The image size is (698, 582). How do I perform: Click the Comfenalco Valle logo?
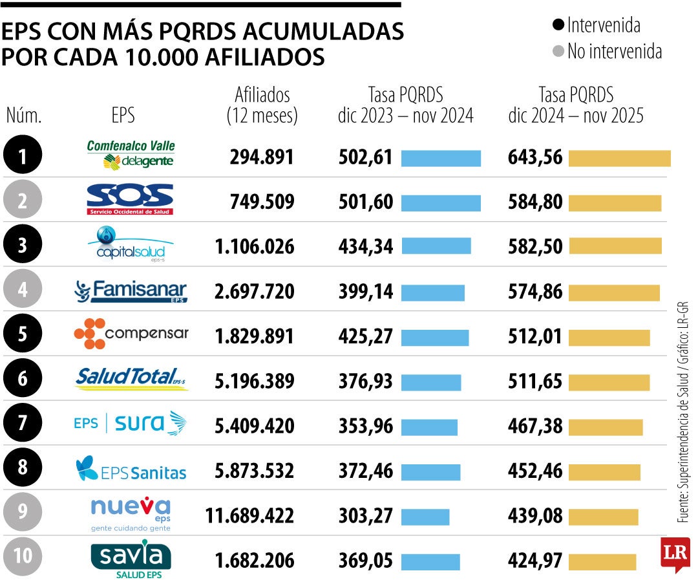[x=131, y=155]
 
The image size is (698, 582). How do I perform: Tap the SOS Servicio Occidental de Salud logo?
[x=131, y=199]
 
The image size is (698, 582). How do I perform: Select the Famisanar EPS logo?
[x=131, y=291]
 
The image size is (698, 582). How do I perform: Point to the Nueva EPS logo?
[x=131, y=514]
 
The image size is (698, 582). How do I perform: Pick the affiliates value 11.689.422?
[x=249, y=516]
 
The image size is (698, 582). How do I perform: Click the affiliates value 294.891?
[x=262, y=157]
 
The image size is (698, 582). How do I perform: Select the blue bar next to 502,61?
[x=441, y=158]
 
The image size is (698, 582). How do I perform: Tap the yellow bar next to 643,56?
[x=619, y=158]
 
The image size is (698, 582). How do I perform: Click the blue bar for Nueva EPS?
[x=425, y=517]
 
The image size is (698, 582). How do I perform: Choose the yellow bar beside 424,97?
[x=602, y=562]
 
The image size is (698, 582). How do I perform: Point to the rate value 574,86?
[x=536, y=292]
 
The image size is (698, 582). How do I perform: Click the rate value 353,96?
[x=366, y=427]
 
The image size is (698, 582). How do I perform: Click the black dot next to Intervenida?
[x=558, y=26]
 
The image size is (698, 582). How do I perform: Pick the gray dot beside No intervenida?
[x=558, y=52]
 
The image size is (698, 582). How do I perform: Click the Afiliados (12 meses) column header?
[x=262, y=105]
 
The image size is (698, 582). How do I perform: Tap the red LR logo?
[x=675, y=554]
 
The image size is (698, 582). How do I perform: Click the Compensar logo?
[x=131, y=334]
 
